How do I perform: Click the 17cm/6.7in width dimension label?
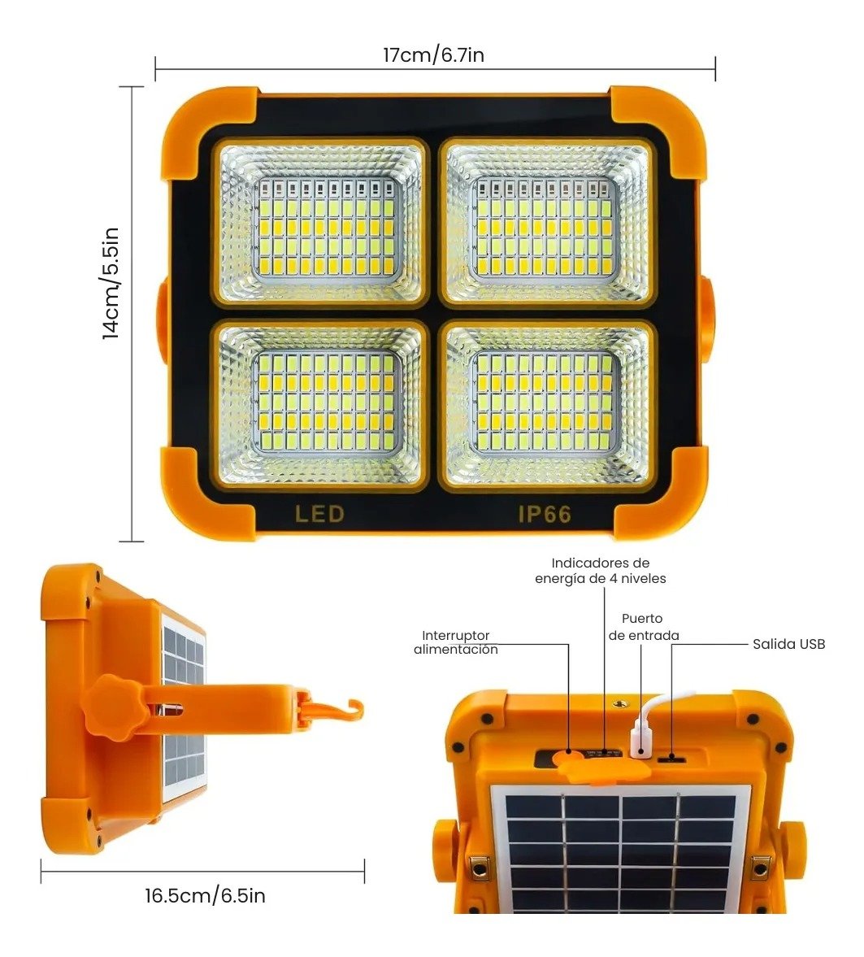[x=434, y=55]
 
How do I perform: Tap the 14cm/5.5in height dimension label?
[x=111, y=282]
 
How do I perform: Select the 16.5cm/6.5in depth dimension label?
[x=205, y=896]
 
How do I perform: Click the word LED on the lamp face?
[x=319, y=514]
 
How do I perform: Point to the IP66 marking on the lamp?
[x=545, y=514]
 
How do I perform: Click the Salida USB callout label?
[x=788, y=644]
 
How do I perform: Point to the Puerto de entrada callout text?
[x=644, y=627]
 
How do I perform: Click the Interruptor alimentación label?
[x=455, y=642]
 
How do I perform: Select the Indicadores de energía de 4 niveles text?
[x=600, y=571]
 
